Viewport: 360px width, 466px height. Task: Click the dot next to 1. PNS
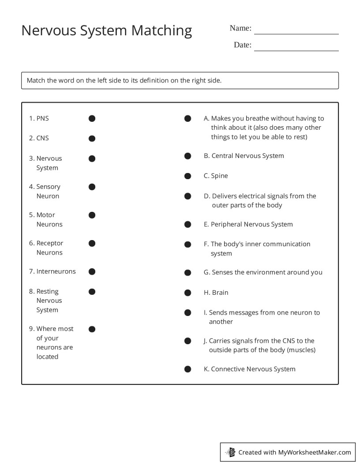click(x=92, y=118)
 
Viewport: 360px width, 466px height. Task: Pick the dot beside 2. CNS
click(x=92, y=138)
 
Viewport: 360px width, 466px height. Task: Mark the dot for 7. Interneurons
click(x=92, y=271)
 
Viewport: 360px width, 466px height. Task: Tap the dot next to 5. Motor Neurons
click(x=92, y=215)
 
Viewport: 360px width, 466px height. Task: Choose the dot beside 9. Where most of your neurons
click(x=92, y=329)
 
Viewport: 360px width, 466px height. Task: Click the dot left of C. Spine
click(x=187, y=176)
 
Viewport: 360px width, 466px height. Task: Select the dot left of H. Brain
click(x=187, y=293)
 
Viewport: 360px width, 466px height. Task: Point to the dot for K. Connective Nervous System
click(x=187, y=369)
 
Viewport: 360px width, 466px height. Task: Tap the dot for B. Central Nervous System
click(x=187, y=156)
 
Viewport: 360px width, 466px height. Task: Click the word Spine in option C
click(x=220, y=176)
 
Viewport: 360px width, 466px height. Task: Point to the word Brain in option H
click(x=220, y=293)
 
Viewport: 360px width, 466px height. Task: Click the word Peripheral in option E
click(x=226, y=224)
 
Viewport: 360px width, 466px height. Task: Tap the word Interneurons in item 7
click(x=56, y=271)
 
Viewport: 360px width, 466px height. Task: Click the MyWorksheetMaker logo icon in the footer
click(x=230, y=452)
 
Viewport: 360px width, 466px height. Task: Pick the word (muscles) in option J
click(x=301, y=350)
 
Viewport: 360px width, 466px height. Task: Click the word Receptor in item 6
click(x=50, y=243)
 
